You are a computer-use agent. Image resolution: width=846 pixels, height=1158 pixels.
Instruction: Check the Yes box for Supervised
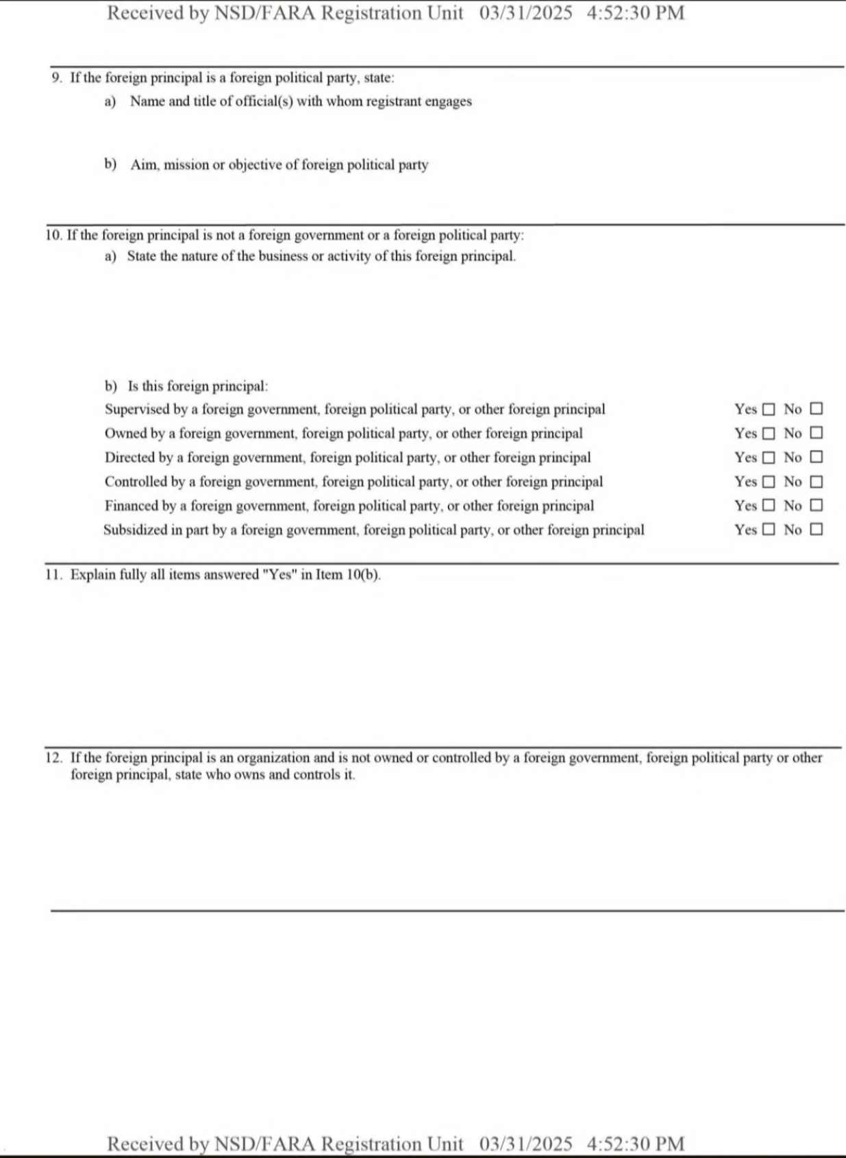(x=769, y=410)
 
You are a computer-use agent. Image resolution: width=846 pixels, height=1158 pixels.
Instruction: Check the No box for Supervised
(x=816, y=409)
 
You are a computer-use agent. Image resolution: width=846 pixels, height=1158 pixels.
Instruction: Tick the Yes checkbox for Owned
(x=769, y=434)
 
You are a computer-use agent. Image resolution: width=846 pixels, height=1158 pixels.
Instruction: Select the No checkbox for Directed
(x=816, y=457)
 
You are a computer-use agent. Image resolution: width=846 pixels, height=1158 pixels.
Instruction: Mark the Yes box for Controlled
(x=769, y=482)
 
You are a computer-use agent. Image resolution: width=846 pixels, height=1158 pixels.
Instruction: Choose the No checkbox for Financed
(x=816, y=506)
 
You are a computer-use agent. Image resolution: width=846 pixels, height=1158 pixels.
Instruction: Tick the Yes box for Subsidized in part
(x=769, y=530)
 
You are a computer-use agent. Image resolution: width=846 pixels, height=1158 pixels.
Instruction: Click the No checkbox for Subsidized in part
(x=816, y=530)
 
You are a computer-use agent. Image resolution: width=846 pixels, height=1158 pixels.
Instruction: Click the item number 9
(x=56, y=78)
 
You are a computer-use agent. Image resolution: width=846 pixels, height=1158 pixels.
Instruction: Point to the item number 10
(x=53, y=235)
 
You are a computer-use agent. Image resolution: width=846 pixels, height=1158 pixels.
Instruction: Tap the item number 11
(x=53, y=575)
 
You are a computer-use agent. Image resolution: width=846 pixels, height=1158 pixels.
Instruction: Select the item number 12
(x=53, y=758)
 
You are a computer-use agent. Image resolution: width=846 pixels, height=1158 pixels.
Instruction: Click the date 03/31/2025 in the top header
(x=525, y=13)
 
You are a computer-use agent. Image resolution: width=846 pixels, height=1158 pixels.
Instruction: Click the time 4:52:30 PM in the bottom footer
(x=635, y=1144)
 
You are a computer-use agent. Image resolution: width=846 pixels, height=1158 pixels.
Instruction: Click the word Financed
(x=131, y=506)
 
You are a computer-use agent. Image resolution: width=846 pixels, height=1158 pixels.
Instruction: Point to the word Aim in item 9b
(x=143, y=165)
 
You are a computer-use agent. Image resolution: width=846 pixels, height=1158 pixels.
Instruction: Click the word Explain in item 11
(x=93, y=575)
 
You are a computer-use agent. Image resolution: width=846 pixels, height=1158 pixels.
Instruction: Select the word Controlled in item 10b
(x=136, y=482)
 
